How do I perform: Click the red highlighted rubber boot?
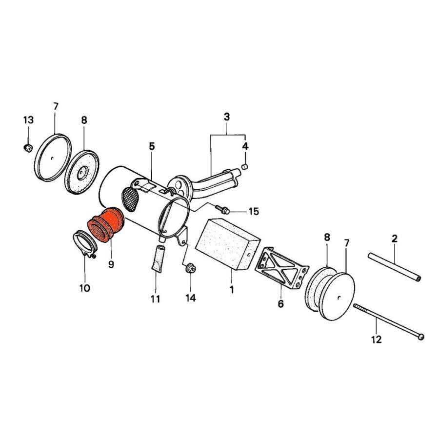click(105, 225)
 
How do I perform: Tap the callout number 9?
click(111, 264)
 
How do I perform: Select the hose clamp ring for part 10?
click(84, 243)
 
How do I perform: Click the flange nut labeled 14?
click(190, 268)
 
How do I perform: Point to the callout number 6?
click(280, 304)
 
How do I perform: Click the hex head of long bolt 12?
click(421, 337)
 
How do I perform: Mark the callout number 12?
click(376, 339)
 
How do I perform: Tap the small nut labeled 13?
click(28, 148)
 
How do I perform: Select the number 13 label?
click(28, 120)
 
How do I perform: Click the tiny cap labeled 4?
click(245, 167)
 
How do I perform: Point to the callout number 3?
click(227, 117)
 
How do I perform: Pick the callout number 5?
click(152, 146)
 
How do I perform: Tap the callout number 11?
click(155, 299)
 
